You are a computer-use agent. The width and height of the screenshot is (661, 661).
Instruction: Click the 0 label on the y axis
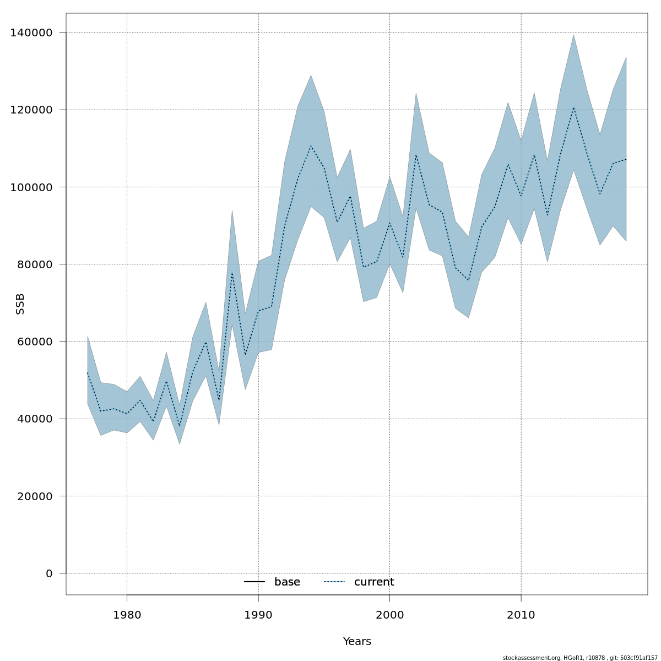(x=49, y=573)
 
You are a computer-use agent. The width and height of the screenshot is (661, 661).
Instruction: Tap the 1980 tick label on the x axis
(x=127, y=615)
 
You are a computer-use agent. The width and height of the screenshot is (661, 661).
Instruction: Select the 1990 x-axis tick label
(x=258, y=615)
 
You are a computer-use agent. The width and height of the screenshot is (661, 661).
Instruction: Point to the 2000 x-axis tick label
(x=389, y=615)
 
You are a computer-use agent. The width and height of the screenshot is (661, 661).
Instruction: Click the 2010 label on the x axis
(x=521, y=615)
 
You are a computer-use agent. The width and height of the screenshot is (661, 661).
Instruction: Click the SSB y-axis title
(x=20, y=304)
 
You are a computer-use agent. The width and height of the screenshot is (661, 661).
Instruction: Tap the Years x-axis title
(x=357, y=642)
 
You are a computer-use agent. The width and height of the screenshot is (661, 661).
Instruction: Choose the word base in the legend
(x=287, y=582)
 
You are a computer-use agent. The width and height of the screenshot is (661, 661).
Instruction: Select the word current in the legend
(x=374, y=582)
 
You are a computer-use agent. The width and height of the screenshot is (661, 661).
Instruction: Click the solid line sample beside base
(x=254, y=582)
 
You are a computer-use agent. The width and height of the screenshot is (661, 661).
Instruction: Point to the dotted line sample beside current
(x=334, y=582)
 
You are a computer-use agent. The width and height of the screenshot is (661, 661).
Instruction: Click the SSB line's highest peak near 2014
(x=573, y=107)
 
